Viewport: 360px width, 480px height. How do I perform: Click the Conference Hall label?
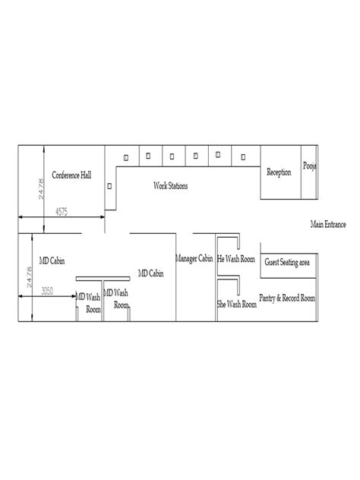point(71,175)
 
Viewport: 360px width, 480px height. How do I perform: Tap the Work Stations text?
point(171,186)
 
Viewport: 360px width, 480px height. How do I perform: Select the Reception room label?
point(279,172)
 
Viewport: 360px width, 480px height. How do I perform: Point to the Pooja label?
point(309,166)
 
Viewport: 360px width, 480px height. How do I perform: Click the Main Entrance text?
point(328,224)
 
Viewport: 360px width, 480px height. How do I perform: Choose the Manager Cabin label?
point(194,259)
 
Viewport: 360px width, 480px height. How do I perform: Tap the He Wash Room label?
point(235,259)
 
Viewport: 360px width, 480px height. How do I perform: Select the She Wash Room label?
point(237,305)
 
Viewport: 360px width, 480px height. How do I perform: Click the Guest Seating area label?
point(287,262)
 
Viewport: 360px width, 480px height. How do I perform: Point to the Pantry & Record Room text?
point(287,298)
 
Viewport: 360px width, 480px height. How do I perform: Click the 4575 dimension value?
point(62,212)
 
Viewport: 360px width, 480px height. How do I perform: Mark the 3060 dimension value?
point(47,291)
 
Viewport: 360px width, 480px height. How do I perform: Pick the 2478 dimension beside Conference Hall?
point(41,189)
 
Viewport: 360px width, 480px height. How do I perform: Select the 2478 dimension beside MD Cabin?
point(29,277)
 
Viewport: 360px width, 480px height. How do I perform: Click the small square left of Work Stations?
point(109,186)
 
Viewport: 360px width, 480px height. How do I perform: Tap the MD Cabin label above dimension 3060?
point(52,261)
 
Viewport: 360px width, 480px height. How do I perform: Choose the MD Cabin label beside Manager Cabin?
point(151,273)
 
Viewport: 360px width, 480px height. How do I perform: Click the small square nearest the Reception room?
point(243,157)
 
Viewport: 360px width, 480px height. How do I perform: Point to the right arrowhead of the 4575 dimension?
point(103,217)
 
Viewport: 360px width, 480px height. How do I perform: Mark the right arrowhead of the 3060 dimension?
point(74,296)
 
